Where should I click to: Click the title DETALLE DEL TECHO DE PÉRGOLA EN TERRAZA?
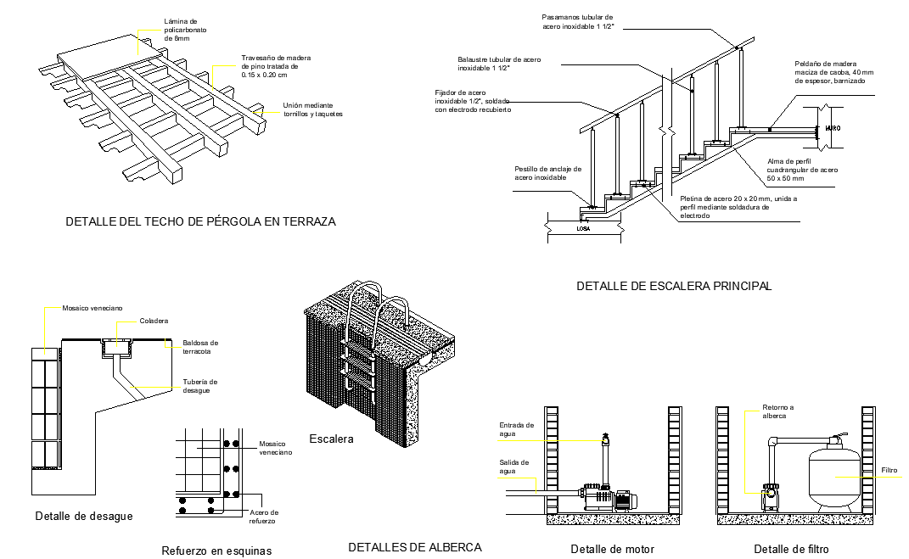coord(200,221)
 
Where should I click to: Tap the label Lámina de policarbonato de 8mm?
coord(185,31)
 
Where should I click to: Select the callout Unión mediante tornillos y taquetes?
coord(312,109)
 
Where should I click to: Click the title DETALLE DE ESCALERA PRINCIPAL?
coord(674,286)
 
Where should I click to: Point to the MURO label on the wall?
coord(832,128)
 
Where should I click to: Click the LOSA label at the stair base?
coord(583,229)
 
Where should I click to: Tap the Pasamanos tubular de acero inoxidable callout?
coord(578,22)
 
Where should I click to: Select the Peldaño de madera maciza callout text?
coord(833,72)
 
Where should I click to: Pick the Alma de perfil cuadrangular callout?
coord(802,170)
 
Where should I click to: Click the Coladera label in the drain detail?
coord(154,321)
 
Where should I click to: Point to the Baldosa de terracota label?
coord(200,347)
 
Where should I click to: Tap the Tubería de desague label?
coord(200,386)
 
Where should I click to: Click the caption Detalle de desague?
coord(84,516)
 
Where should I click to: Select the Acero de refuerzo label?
coord(264,517)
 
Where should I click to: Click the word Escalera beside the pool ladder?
coord(331,439)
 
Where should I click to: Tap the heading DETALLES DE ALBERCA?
coord(415,547)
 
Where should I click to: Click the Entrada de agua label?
coord(517,429)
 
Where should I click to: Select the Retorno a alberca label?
coord(778,411)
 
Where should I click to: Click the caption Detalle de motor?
coord(612,549)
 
